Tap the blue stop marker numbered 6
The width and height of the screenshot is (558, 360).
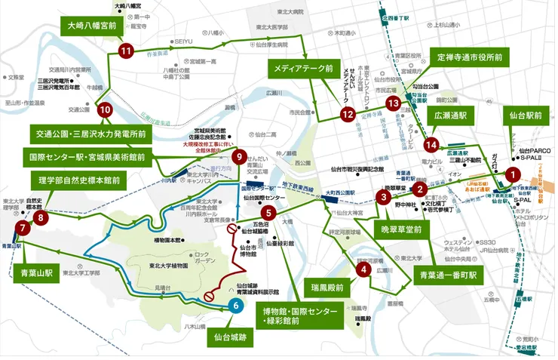coord(237,305)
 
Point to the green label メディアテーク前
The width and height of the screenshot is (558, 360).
coord(302,70)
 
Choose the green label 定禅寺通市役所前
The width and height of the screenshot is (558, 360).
coord(471,56)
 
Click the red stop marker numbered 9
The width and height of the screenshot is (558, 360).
coord(240,157)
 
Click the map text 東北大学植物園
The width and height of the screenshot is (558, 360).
coord(158,265)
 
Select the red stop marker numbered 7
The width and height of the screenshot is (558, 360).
coord(23,226)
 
